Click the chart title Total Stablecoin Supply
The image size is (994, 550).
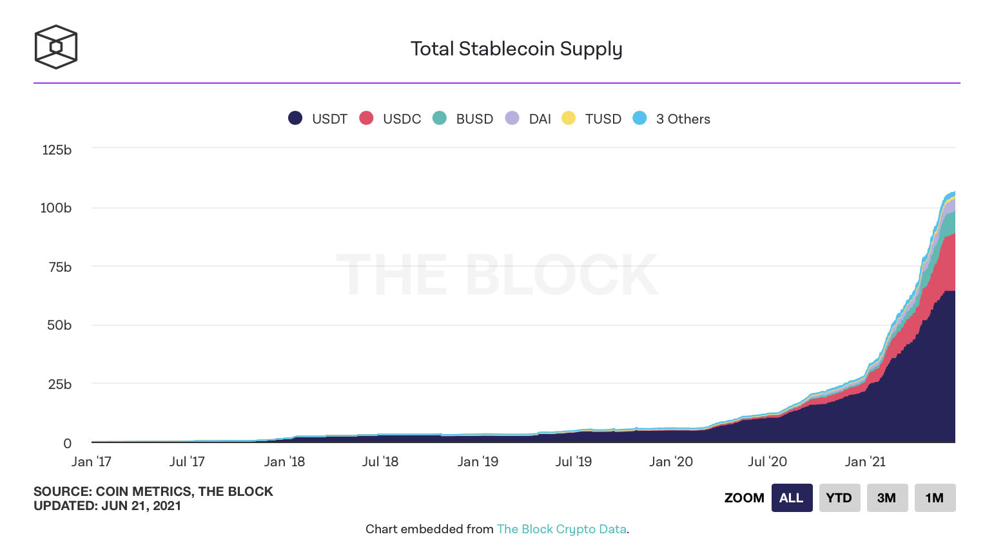[x=516, y=49]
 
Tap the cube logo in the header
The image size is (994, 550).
[x=56, y=47]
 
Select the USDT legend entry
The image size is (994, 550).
[x=318, y=119]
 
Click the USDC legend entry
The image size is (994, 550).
[x=391, y=119]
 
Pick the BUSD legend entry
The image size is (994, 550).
[x=463, y=119]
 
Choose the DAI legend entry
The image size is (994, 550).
[x=529, y=119]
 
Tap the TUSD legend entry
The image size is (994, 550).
[x=592, y=119]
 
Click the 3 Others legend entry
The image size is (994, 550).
[x=672, y=119]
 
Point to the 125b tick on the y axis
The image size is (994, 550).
[x=57, y=150]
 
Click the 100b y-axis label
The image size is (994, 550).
[x=56, y=208]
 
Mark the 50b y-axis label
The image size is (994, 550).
[x=59, y=325]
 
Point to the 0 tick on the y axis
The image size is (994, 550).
[x=67, y=443]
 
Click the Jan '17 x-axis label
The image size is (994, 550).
[x=92, y=462]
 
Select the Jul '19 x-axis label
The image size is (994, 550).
[x=574, y=462]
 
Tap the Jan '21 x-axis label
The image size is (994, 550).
[x=865, y=462]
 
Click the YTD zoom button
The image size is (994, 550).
[x=839, y=498]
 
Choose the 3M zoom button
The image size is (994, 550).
[x=886, y=498]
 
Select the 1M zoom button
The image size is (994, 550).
[x=935, y=498]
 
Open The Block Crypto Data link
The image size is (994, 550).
[x=561, y=529]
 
